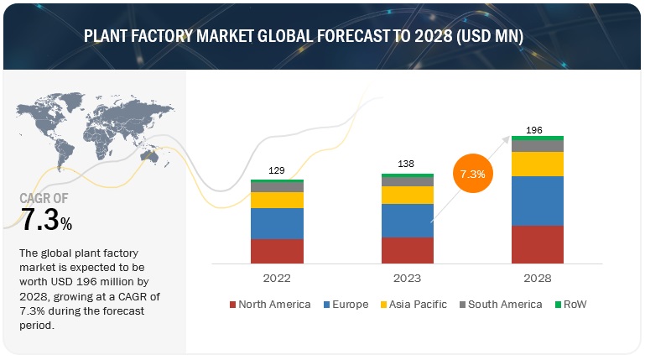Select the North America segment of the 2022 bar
tap(277, 251)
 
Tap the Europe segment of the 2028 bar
tap(538, 201)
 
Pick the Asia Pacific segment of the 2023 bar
tap(408, 195)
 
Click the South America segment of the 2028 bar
tap(538, 146)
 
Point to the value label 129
tap(277, 170)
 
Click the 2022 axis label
tap(277, 278)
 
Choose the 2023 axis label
tap(408, 278)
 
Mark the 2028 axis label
tap(538, 278)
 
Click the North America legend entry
tap(270, 304)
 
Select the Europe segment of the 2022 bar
tap(277, 223)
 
